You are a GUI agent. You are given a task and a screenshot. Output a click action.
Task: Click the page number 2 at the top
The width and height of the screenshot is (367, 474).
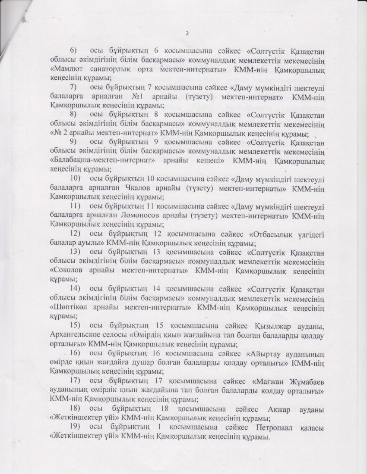(x=187, y=33)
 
